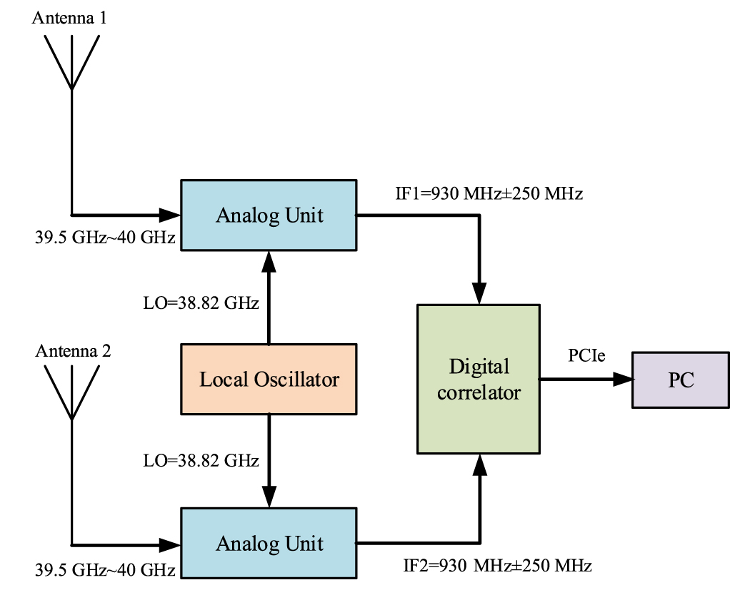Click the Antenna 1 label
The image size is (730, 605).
(x=69, y=18)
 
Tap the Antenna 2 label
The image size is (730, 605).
(x=74, y=351)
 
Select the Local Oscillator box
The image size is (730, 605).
(x=269, y=379)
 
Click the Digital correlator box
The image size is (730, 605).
(x=479, y=379)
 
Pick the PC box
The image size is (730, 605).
(x=681, y=380)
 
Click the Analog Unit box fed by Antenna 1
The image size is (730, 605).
(x=269, y=215)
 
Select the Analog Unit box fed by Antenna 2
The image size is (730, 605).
(x=269, y=543)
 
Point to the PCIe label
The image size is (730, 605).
(x=587, y=355)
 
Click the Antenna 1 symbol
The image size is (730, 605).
(x=71, y=61)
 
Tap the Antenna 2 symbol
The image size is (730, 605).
(x=71, y=392)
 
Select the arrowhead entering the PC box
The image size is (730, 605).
(x=624, y=380)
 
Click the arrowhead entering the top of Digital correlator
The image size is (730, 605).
(x=479, y=295)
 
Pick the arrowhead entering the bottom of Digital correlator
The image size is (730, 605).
(x=479, y=464)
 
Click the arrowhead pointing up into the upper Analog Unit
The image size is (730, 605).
(x=269, y=260)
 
